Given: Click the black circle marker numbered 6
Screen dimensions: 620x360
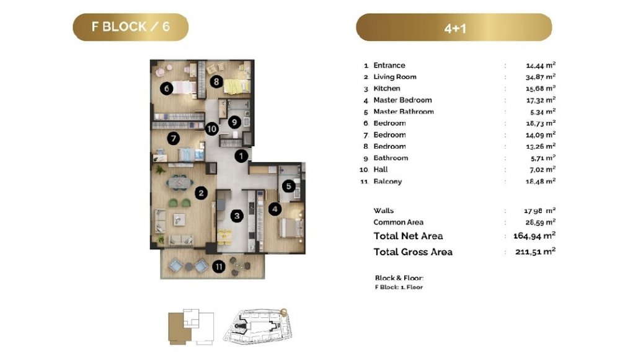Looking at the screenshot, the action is coord(166,89).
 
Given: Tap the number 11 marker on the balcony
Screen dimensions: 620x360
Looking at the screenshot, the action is coord(219,266).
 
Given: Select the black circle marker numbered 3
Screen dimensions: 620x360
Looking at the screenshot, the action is coord(237,216).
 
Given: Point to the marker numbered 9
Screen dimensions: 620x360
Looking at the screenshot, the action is coord(234,122).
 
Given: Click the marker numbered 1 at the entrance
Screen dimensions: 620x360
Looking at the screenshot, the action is coord(241,156).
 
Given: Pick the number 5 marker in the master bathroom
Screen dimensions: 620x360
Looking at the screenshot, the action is coord(289,186).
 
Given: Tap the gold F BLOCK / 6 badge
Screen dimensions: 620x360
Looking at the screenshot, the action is coord(130,27).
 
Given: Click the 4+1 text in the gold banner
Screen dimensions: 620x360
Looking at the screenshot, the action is coord(455,29).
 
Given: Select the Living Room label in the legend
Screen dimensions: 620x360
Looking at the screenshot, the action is coord(394,77).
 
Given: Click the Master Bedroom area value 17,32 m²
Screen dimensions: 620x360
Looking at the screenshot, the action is coord(541,100).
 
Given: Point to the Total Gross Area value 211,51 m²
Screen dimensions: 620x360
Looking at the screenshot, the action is coord(536,252).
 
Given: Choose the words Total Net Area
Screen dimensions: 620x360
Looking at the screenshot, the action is coord(408,236).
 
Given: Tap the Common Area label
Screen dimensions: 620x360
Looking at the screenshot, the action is coord(398,222).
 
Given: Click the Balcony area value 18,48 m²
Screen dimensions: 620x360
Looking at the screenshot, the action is coord(541,182).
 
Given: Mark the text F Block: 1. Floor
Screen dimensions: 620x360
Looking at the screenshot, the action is coord(399,288).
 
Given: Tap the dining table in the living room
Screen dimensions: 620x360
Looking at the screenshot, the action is coord(180,183).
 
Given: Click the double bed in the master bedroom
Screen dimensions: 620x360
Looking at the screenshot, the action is coord(291,228).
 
